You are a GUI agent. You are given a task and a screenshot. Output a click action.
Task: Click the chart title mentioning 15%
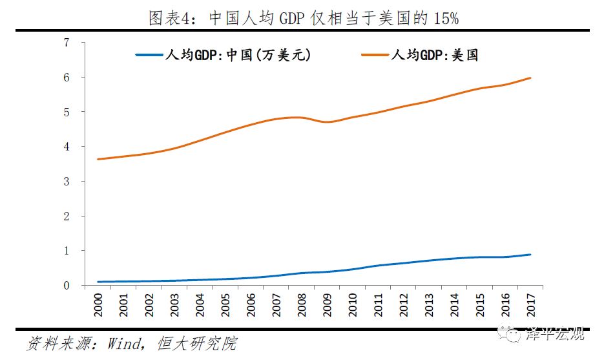click(303, 18)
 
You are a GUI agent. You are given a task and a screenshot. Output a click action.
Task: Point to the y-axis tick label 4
click(66, 147)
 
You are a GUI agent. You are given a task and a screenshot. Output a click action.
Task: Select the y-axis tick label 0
click(66, 286)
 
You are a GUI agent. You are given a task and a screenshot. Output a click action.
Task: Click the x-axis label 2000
click(98, 304)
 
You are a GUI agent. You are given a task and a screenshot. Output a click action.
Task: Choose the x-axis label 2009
click(329, 304)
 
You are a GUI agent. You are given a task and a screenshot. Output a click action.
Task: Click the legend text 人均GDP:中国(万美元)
click(245, 56)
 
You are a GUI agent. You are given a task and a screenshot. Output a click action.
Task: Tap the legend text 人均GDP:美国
click(433, 56)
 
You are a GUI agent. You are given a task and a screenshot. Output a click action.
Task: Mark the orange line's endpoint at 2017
click(531, 78)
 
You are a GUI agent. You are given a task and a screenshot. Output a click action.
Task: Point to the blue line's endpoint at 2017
click(531, 255)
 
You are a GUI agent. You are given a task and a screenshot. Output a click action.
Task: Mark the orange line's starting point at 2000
click(98, 159)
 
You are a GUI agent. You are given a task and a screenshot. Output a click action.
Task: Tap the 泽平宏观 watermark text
click(558, 334)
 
